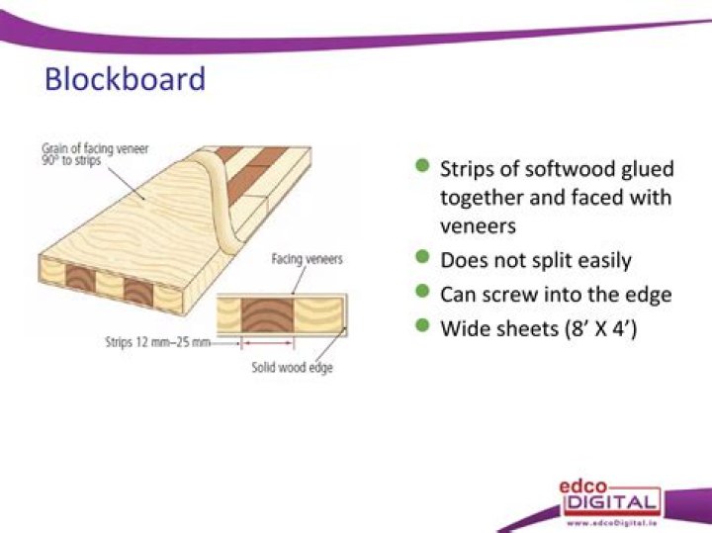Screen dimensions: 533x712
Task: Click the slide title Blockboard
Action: coord(125,78)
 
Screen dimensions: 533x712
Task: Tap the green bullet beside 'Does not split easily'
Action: coord(422,259)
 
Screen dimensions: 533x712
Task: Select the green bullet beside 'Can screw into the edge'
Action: coord(422,292)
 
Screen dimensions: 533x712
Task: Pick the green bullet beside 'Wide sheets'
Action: coord(422,325)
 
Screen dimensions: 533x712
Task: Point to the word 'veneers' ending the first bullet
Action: coord(479,226)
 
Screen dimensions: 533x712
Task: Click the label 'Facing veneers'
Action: coord(307,260)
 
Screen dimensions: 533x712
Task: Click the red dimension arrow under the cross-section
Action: coord(267,344)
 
